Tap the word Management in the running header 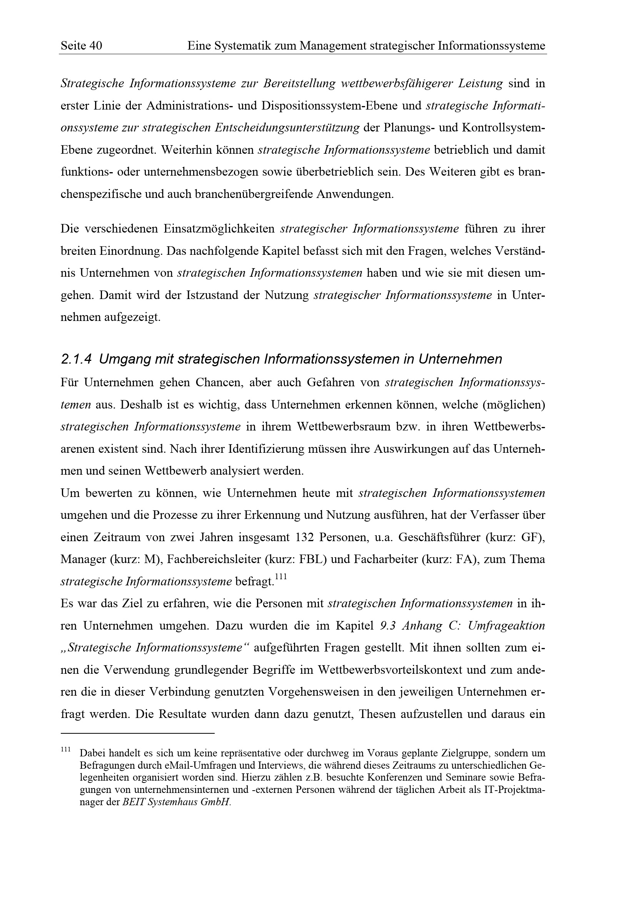coord(332,46)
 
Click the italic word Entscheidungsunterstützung coord(287,128)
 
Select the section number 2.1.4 coord(77,359)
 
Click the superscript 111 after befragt coord(281,577)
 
